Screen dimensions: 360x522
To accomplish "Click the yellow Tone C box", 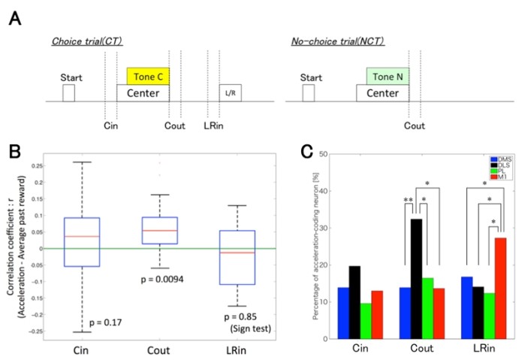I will pos(148,75).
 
